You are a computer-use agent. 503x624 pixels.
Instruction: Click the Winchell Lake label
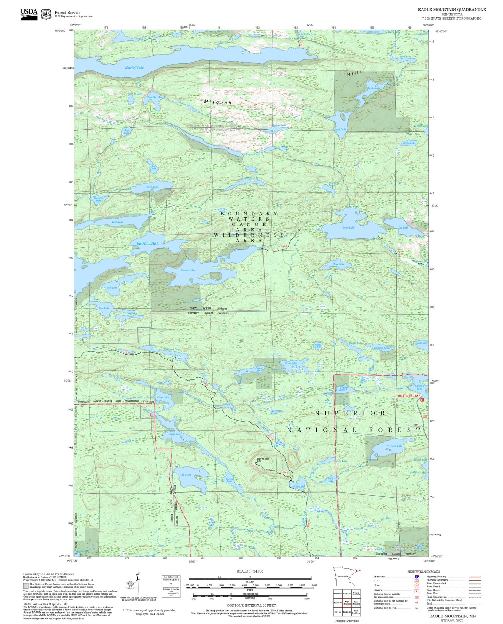pyautogui.click(x=134, y=68)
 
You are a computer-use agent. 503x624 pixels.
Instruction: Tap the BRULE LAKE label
pyautogui.click(x=148, y=243)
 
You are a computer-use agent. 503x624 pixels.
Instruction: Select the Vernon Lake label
pyautogui.click(x=188, y=270)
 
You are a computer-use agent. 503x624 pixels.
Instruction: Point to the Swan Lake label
pyautogui.click(x=348, y=227)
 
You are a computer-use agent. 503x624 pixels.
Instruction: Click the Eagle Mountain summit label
pyautogui.click(x=263, y=459)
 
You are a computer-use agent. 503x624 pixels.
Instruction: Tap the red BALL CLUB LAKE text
pyautogui.click(x=409, y=396)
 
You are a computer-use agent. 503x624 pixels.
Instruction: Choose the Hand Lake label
pyautogui.click(x=396, y=446)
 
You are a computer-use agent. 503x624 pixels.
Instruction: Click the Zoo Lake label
pyautogui.click(x=187, y=475)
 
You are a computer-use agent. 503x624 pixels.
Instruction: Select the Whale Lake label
pyautogui.click(x=298, y=487)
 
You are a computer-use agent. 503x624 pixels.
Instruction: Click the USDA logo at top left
pyautogui.click(x=29, y=14)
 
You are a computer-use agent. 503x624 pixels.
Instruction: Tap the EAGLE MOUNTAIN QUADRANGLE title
pyautogui.click(x=452, y=10)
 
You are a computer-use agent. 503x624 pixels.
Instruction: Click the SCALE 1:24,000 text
pyautogui.click(x=250, y=571)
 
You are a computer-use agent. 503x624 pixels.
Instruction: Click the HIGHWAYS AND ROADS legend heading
pyautogui.click(x=424, y=571)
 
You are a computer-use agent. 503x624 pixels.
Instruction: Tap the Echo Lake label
pyautogui.click(x=118, y=222)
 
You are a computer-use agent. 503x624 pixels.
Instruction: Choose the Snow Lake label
pyautogui.click(x=340, y=129)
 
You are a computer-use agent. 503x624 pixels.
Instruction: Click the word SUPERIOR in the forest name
pyautogui.click(x=351, y=413)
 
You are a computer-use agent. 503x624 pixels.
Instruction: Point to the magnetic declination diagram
pyautogui.click(x=138, y=585)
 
